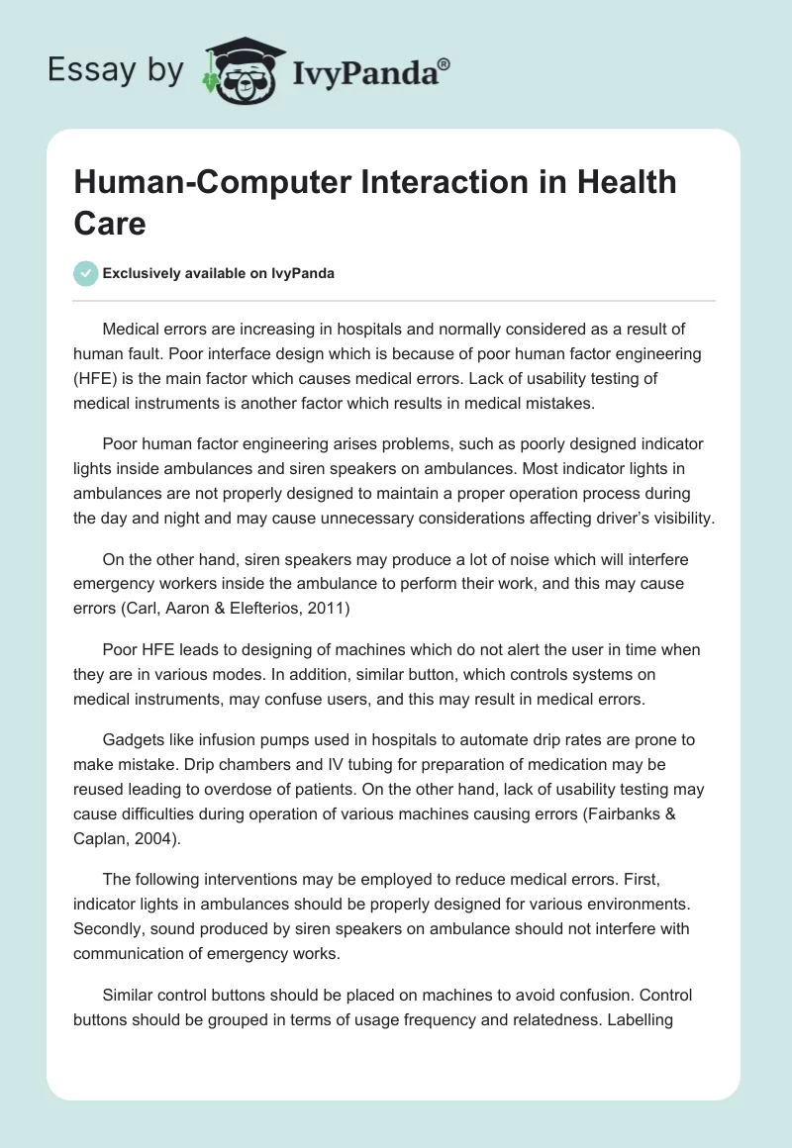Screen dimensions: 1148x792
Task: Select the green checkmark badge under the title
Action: pos(86,273)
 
